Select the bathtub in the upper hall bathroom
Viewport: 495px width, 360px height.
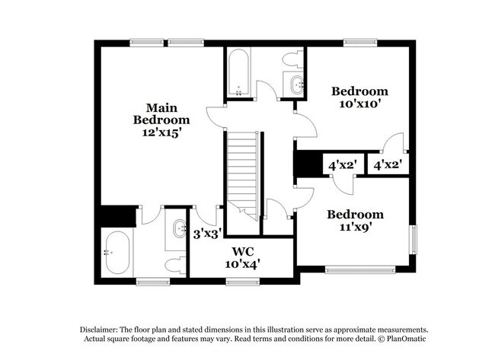(x=238, y=74)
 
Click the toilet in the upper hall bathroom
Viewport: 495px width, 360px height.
(x=291, y=59)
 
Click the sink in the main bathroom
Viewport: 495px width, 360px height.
(x=180, y=228)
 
